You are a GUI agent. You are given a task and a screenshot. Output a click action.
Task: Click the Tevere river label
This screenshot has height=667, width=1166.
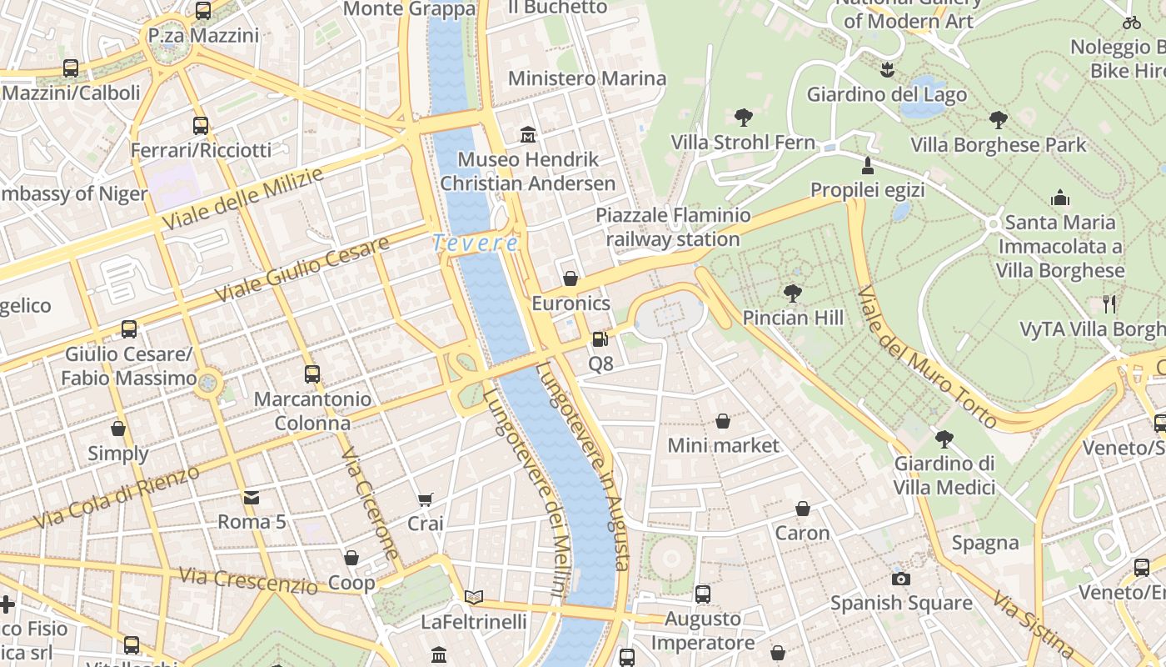click(476, 243)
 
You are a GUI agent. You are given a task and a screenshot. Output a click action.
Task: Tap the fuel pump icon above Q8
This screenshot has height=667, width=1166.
click(600, 339)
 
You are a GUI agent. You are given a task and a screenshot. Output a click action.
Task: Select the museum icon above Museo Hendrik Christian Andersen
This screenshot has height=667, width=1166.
click(527, 134)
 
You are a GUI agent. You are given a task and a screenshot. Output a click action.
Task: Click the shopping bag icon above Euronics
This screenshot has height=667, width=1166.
click(571, 278)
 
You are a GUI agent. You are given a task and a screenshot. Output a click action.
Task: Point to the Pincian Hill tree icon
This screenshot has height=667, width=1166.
click(793, 293)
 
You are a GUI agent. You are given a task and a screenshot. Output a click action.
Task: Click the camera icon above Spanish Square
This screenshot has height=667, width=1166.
click(900, 579)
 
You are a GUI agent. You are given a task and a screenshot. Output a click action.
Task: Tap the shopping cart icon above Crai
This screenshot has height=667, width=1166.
click(425, 499)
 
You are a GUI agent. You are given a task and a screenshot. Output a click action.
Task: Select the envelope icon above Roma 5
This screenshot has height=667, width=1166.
click(251, 498)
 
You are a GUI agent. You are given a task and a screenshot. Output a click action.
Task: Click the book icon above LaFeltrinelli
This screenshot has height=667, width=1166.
click(473, 597)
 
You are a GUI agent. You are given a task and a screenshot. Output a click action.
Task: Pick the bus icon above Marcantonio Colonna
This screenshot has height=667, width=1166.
click(312, 374)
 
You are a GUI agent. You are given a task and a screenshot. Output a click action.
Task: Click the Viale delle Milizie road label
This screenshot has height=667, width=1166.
click(242, 200)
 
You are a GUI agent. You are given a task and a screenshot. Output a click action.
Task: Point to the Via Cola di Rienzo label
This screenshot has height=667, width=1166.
click(117, 498)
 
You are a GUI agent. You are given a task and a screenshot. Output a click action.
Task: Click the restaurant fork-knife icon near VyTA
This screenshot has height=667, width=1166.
click(1109, 304)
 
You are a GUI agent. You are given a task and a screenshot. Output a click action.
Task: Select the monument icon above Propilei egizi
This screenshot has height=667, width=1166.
click(867, 166)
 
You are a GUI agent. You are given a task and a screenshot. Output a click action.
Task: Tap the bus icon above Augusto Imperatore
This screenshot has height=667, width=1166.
click(702, 594)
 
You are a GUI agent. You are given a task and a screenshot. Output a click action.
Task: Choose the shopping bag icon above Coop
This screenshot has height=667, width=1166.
click(351, 558)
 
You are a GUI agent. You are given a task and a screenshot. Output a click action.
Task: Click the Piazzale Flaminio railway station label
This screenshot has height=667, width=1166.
click(673, 228)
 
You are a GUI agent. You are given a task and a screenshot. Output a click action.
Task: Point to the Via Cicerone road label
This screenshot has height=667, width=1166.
click(371, 504)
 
